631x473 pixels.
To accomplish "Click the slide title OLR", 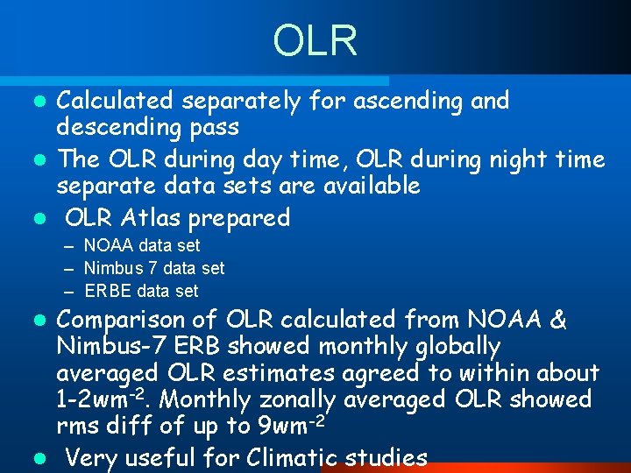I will pos(315,40).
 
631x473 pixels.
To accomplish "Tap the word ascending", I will pos(404,102).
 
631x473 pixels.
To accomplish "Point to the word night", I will pos(514,159).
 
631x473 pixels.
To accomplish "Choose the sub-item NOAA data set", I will pos(141,246).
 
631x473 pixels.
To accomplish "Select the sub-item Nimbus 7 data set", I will pos(153,268).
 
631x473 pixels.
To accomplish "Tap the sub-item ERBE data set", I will pos(141,291).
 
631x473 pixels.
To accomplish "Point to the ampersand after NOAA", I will pos(557,321).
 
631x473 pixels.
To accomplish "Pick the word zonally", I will pos(293,399).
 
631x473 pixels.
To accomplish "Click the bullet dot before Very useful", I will pos(41,458).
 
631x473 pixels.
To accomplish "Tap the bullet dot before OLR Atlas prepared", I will pos(41,218).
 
